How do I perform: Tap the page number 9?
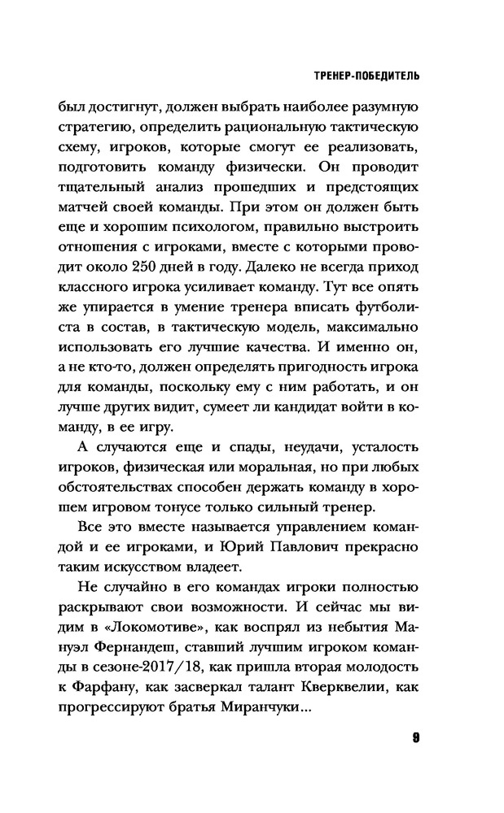(x=415, y=738)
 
